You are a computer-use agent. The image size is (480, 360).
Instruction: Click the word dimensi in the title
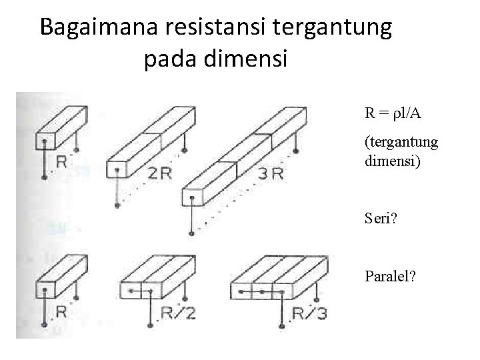[x=249, y=60]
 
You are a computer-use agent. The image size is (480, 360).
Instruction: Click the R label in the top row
[x=61, y=161]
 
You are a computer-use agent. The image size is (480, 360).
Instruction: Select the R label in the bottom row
[x=61, y=311]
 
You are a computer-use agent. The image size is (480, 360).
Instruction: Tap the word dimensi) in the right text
[x=387, y=160]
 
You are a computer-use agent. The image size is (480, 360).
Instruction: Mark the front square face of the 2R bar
[x=117, y=171]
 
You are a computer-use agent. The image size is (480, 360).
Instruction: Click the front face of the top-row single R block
[x=44, y=141]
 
